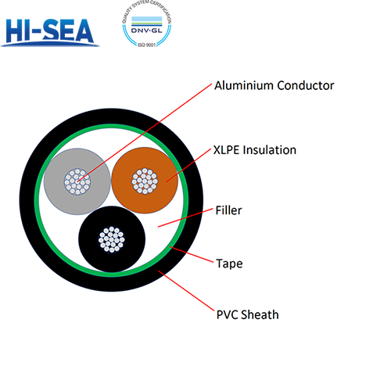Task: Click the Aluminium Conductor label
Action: [274, 85]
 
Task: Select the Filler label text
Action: [228, 210]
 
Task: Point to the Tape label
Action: [229, 264]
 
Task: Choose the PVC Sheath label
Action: [247, 315]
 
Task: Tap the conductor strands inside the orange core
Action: [144, 181]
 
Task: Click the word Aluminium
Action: [244, 85]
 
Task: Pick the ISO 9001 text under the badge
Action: [147, 52]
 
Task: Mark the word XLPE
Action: [226, 149]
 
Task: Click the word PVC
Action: [227, 315]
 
